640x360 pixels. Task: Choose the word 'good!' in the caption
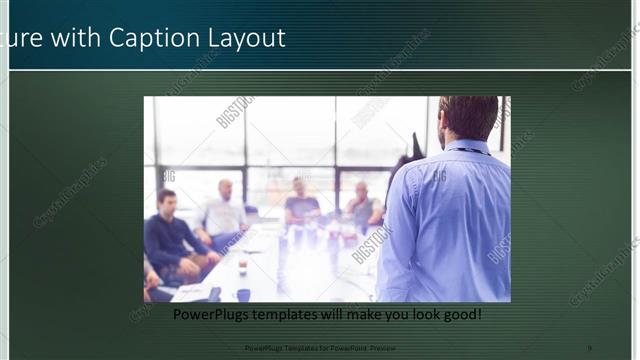click(x=458, y=314)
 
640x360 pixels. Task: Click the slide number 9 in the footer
click(x=589, y=347)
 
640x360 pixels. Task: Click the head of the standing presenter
click(x=468, y=118)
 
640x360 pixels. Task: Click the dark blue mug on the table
click(x=243, y=294)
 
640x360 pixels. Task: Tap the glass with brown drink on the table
click(x=242, y=265)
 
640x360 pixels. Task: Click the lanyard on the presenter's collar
click(x=470, y=151)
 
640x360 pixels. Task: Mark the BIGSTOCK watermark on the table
click(x=371, y=245)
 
